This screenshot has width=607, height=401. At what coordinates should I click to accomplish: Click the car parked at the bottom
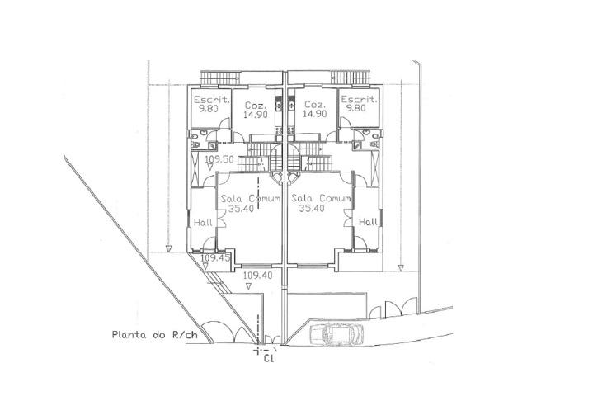point(336,333)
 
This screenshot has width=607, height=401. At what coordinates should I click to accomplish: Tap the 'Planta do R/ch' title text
point(154,335)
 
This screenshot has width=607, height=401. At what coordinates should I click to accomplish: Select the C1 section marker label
point(269,359)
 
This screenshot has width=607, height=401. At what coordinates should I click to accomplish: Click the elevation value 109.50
point(219,159)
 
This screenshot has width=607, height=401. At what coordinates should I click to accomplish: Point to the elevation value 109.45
point(215,257)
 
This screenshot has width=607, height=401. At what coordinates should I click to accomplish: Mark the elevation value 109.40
point(257,276)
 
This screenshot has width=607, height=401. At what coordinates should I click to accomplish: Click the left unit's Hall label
point(203,223)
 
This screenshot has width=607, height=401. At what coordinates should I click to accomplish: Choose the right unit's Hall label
point(368,222)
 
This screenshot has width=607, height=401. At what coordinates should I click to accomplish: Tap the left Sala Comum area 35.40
point(240,209)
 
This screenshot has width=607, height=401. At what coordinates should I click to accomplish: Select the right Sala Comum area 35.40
point(312,208)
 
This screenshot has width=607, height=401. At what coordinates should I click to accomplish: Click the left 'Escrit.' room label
point(212,99)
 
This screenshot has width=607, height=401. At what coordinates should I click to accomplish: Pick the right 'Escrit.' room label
point(359,99)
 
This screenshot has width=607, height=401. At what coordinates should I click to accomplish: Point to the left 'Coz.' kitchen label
point(256,106)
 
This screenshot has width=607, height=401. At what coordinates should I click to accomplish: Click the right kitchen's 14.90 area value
point(315,114)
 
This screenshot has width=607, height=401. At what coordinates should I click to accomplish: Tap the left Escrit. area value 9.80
point(209,108)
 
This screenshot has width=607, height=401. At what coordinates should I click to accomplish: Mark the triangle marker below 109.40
point(248,286)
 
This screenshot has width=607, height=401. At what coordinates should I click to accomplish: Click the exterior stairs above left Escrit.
point(220,78)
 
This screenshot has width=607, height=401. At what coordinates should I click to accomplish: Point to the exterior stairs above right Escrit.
point(351,78)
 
